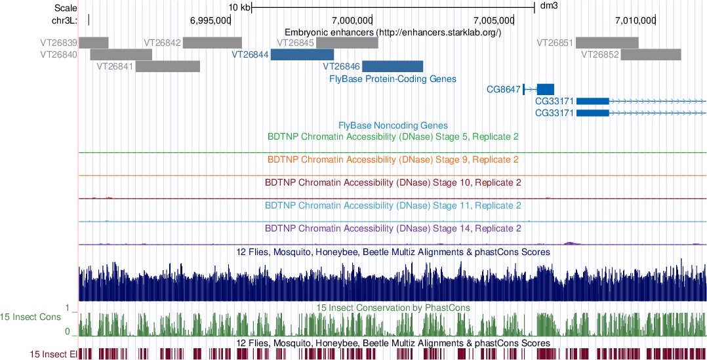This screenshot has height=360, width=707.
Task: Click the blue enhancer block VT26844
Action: tap(302, 54)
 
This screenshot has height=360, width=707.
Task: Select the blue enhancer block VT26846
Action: tap(393, 66)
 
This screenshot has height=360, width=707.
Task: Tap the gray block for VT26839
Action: tap(94, 43)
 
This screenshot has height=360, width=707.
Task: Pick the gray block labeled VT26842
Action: tap(212, 43)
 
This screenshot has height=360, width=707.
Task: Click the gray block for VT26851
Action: tap(607, 43)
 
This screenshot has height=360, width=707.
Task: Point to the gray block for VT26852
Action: tap(651, 54)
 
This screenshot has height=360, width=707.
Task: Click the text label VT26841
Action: tap(115, 66)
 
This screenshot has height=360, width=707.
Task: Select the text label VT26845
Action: tap(296, 43)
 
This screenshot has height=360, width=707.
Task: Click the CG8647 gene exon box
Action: tap(545, 89)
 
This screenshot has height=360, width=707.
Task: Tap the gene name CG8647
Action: tap(503, 89)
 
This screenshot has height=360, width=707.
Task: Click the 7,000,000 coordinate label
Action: tap(352, 20)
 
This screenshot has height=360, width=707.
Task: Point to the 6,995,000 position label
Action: tap(210, 20)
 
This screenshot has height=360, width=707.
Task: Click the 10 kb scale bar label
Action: tap(239, 7)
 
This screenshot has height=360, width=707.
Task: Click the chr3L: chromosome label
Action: tap(64, 20)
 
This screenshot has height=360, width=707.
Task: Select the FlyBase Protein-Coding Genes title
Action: tap(392, 79)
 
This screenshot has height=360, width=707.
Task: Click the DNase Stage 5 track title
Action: tap(393, 137)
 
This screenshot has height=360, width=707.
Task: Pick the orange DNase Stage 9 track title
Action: tap(393, 160)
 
